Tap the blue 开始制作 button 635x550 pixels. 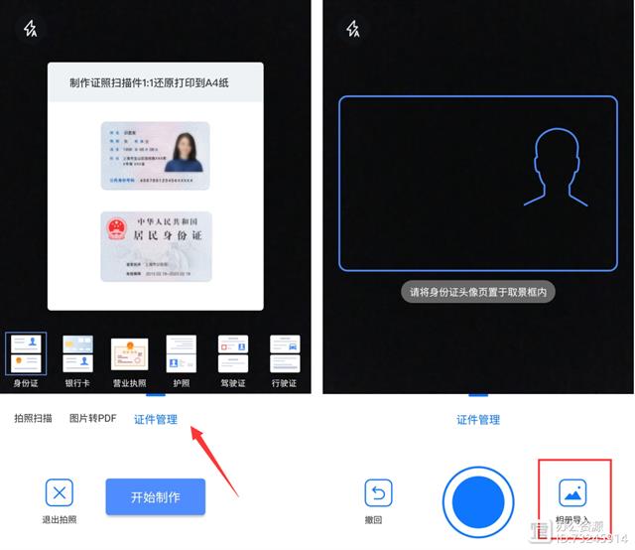coord(155,496)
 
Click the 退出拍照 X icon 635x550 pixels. coord(60,493)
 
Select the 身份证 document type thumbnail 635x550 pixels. coord(25,354)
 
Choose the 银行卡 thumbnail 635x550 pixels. coord(77,354)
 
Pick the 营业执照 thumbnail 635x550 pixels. coord(129,354)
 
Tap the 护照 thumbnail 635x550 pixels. coord(181,354)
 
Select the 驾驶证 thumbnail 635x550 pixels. coord(232,354)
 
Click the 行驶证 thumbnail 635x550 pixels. coord(284,354)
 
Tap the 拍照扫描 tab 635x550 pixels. coord(33,419)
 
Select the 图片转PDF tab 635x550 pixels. coord(92,419)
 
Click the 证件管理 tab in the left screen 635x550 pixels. coord(156,419)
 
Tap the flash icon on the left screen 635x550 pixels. coord(31,29)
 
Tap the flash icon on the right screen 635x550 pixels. coord(353,29)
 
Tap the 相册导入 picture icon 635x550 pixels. coord(572,492)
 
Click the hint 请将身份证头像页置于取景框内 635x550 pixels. coord(477,292)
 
